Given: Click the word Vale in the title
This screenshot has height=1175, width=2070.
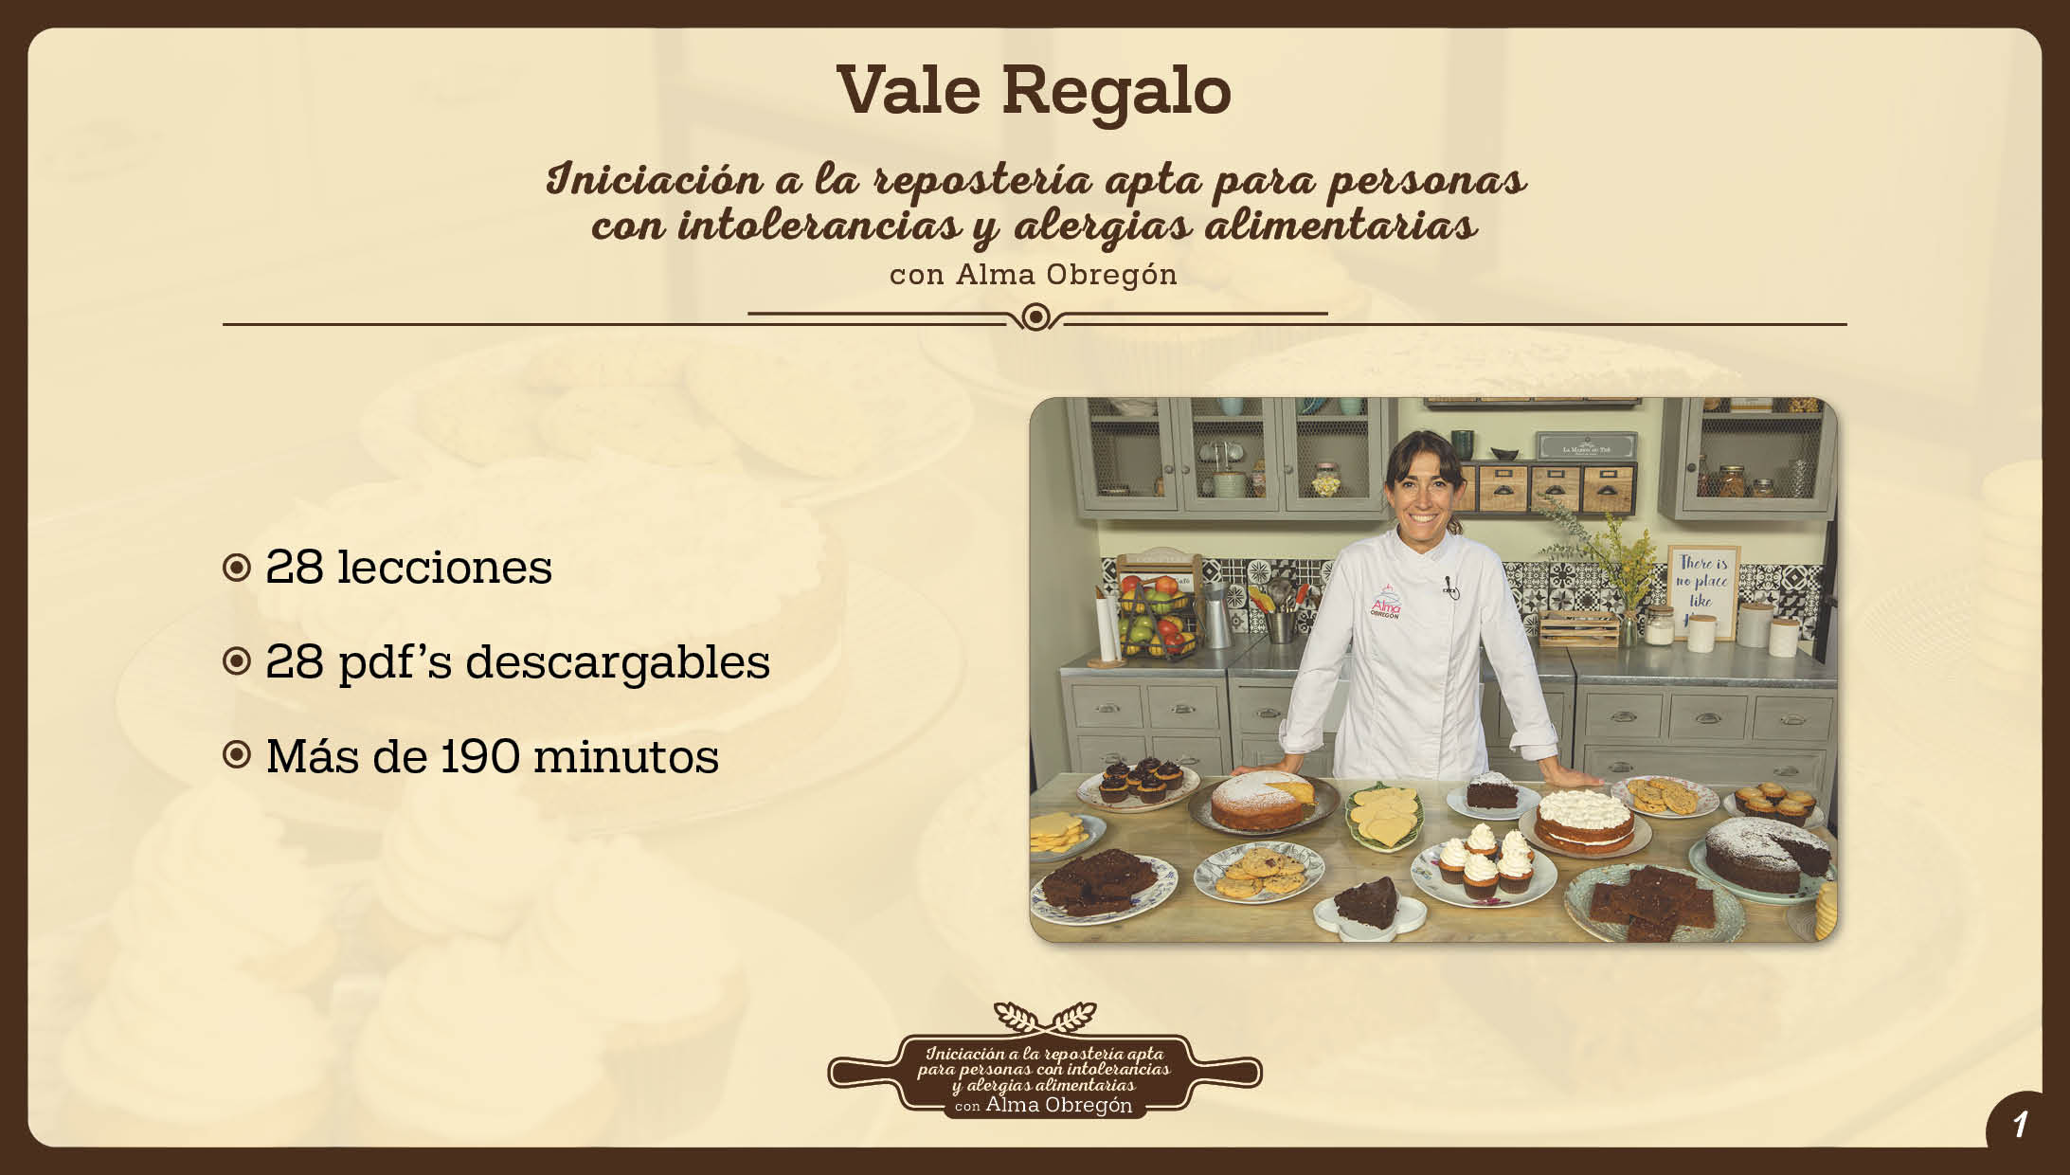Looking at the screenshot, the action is [909, 91].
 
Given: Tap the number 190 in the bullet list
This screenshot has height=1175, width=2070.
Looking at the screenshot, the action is [481, 756].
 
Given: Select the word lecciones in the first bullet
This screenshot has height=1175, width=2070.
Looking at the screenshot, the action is [444, 567].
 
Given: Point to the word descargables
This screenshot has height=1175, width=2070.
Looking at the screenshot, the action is [618, 660].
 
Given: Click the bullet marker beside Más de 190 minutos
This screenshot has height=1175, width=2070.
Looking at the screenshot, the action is [236, 755].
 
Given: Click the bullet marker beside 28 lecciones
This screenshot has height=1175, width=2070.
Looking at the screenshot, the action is [236, 568].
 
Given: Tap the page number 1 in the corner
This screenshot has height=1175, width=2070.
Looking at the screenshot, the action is [2020, 1125].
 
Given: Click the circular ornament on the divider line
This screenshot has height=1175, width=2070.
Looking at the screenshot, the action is [1036, 316].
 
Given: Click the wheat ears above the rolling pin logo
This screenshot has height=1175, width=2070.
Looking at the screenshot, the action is [1045, 1018].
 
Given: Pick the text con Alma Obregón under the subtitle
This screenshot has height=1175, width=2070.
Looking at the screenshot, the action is [1034, 274].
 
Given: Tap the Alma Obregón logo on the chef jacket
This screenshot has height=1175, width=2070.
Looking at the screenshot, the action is [1384, 603].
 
